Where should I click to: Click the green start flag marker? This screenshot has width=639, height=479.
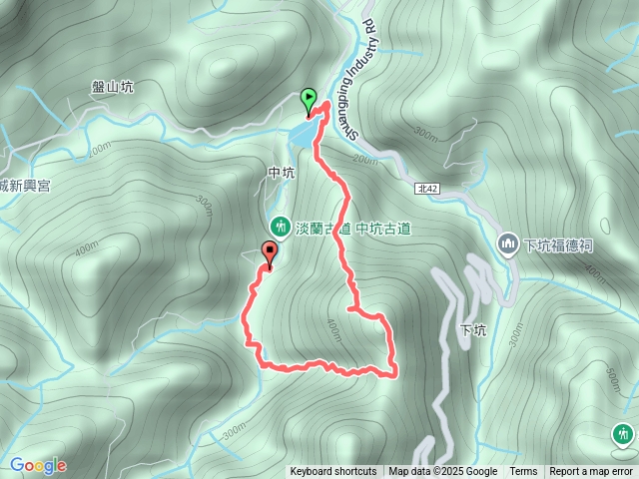pyautogui.click(x=309, y=99)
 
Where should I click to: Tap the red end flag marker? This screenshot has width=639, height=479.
pyautogui.click(x=269, y=253)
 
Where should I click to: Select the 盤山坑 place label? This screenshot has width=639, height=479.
pyautogui.click(x=113, y=87)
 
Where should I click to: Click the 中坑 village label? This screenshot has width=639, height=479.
pyautogui.click(x=282, y=173)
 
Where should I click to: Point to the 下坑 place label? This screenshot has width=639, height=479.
pyautogui.click(x=472, y=330)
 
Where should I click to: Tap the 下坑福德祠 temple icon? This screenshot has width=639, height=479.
pyautogui.click(x=507, y=243)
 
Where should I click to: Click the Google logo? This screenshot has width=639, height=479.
pyautogui.click(x=38, y=465)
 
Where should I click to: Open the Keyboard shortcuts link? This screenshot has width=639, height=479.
pyautogui.click(x=333, y=472)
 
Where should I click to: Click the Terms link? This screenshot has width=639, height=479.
pyautogui.click(x=523, y=472)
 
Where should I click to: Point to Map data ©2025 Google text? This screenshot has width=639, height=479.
pyautogui.click(x=442, y=472)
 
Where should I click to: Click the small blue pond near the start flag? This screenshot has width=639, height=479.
pyautogui.click(x=302, y=135)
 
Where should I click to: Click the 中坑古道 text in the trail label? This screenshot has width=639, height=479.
pyautogui.click(x=383, y=229)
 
